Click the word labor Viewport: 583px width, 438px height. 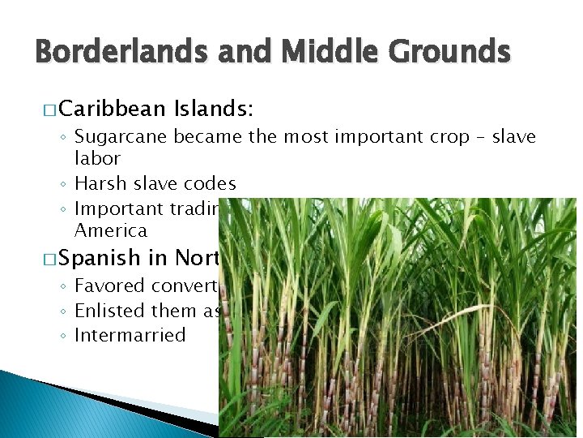pos(97,158)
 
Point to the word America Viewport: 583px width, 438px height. pos(111,231)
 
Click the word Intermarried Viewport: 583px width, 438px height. pos(130,335)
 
